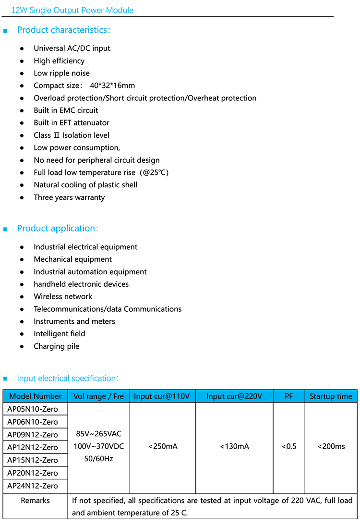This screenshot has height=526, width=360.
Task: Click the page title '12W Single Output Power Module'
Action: pos(72,10)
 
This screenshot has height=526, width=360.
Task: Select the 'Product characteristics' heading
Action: pos(63,30)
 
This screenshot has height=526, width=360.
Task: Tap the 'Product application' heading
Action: pos(57,228)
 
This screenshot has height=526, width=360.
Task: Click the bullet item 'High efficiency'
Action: pos(59,61)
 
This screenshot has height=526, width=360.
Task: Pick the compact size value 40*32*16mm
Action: pos(112,86)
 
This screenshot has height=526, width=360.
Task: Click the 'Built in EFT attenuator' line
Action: pos(72,122)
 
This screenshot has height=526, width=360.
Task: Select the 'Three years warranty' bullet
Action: pos(69,197)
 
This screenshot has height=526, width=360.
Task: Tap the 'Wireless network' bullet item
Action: pos(63,296)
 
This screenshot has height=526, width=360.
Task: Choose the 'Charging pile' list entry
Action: pos(57,346)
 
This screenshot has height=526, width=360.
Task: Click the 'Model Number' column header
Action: pos(36,396)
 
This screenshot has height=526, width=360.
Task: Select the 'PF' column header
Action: pos(288,396)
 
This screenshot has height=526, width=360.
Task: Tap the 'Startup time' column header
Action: pos(331,396)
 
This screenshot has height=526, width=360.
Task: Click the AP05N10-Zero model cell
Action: pos(33,409)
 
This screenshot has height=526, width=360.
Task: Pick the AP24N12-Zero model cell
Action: pos(33,486)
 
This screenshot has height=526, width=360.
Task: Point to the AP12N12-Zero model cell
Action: pos(33,447)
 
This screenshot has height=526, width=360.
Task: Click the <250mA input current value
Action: pos(163,446)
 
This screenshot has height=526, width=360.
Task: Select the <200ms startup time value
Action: pos(331,446)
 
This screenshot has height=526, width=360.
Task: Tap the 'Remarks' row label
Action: pos(35,501)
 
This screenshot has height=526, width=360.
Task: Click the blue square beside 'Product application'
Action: pos(6,229)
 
